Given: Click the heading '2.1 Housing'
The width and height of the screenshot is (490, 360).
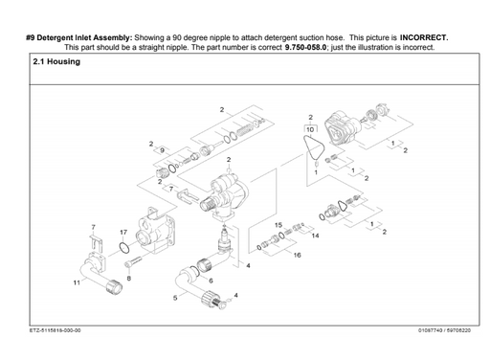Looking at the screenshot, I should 56,62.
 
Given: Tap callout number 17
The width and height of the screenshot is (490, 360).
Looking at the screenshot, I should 123,233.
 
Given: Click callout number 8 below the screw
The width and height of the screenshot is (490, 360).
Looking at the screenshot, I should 128,277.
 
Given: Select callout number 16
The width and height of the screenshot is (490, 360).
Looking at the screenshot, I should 297,256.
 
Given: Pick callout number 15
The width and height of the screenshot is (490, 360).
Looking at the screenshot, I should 278,225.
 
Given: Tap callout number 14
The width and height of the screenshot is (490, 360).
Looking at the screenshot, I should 316,235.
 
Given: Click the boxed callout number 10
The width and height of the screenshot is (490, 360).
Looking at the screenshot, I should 308,127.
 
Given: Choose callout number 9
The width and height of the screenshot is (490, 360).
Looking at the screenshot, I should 162,151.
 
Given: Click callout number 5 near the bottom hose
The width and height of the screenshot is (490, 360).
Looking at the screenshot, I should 174,298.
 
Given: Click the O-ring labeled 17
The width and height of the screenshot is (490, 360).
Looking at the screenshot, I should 124,251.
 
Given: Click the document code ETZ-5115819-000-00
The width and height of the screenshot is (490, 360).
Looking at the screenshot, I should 55,331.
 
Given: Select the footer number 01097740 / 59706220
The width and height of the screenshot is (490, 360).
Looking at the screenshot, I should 444,331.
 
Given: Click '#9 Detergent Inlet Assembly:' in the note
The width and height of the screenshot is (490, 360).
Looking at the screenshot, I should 79,36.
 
